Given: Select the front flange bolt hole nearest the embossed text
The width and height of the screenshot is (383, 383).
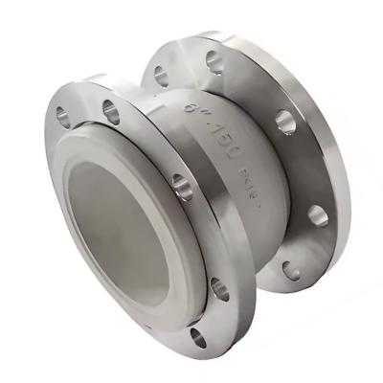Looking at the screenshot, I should click(183, 189).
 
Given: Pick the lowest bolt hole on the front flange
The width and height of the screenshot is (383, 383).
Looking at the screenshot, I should click(199, 335).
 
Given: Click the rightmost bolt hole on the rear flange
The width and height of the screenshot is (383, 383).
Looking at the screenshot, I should click(317, 214).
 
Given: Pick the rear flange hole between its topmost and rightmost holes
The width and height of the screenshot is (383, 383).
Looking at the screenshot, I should click(284, 121).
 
